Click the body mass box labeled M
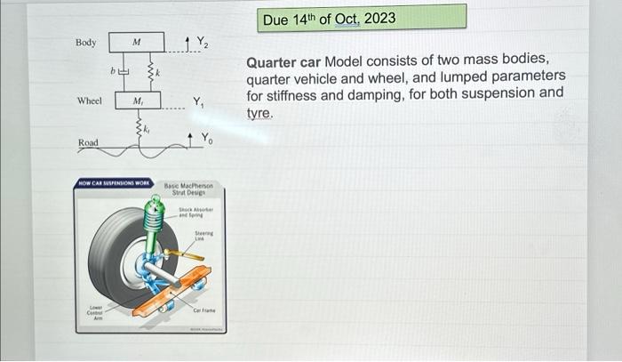[x=136, y=42]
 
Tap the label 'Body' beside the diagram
[x=86, y=43]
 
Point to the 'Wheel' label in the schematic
[x=90, y=101]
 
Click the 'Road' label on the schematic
[x=88, y=142]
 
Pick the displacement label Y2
[x=202, y=41]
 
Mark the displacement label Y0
[x=205, y=137]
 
